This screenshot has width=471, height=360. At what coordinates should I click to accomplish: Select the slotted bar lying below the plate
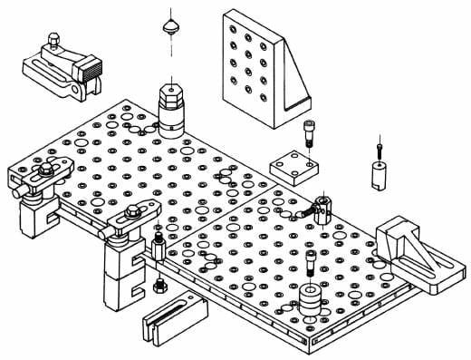[x=174, y=314]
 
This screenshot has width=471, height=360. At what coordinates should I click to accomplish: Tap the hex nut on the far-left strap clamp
[x=42, y=172]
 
